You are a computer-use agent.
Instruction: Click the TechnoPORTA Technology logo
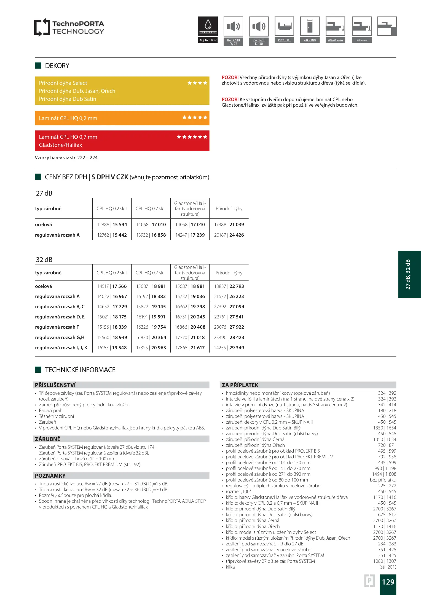[69, 27]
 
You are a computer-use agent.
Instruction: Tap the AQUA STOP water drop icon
[208, 26]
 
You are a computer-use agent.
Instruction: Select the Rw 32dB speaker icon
[259, 26]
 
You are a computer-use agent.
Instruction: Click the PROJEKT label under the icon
[284, 40]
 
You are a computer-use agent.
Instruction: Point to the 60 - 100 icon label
[310, 40]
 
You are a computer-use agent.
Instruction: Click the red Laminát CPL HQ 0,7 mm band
[122, 141]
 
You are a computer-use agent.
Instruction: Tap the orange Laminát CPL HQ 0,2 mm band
[122, 118]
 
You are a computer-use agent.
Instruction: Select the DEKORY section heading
[57, 66]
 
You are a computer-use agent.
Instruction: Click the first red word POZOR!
[230, 77]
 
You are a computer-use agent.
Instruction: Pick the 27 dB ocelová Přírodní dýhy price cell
[229, 225]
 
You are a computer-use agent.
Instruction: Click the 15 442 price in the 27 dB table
[120, 235]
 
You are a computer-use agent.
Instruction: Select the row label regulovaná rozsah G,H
[60, 337]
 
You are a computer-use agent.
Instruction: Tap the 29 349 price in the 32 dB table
[237, 348]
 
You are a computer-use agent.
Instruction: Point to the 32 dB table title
[44, 260]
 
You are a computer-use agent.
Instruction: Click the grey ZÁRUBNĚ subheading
[48, 439]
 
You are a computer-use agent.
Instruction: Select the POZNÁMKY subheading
[50, 476]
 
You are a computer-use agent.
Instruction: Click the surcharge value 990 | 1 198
[385, 468]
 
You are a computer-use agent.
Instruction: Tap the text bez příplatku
[383, 480]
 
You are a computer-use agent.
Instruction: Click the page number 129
[388, 582]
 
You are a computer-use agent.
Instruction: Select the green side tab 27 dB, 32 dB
[409, 274]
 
